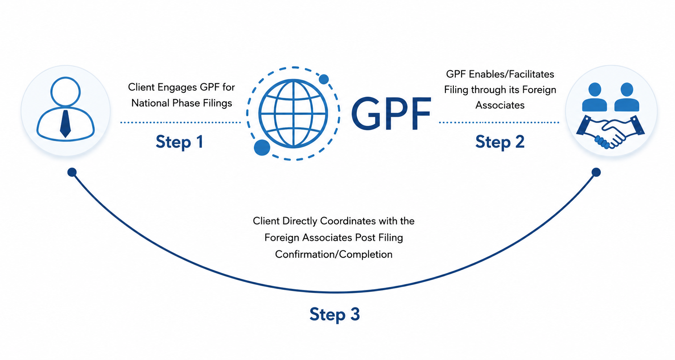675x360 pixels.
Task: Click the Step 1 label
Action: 179,142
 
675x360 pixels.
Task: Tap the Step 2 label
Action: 500,142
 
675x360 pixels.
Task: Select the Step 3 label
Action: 334,314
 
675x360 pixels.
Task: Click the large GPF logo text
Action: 391,114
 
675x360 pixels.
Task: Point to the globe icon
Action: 293,114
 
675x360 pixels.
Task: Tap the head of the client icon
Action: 66,92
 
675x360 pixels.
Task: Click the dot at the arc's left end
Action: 72,172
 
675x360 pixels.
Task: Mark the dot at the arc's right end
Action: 596,172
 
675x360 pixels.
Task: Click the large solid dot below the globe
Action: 262,148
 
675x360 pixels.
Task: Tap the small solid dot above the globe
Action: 324,79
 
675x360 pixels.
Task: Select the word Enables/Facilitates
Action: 512,74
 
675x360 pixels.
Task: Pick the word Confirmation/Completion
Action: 334,254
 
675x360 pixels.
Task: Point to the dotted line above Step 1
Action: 181,123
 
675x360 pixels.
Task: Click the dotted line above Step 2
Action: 499,123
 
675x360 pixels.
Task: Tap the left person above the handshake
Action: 594,97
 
